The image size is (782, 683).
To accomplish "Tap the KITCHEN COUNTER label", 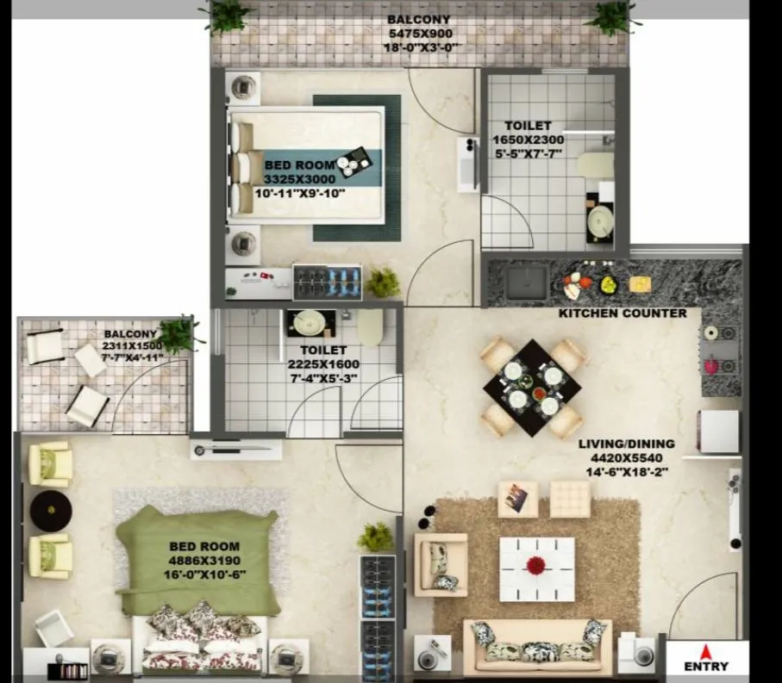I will pos(622,313).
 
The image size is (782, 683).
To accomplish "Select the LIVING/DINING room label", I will pos(626,444).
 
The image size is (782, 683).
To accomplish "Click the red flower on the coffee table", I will pos(536,565).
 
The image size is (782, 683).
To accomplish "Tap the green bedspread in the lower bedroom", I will pos(198,560).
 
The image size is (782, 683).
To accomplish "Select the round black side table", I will pos(51,510).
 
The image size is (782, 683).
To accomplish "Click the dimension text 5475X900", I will pos(419,34).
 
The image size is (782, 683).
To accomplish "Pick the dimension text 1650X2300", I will pos(528,140).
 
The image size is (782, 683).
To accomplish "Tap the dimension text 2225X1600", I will pos(324,364).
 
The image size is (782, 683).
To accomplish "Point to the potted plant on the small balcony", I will pos(178,333).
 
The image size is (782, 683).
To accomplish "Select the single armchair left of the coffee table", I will pos(441,564).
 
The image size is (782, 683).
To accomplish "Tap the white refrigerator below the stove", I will pos(718,431).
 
